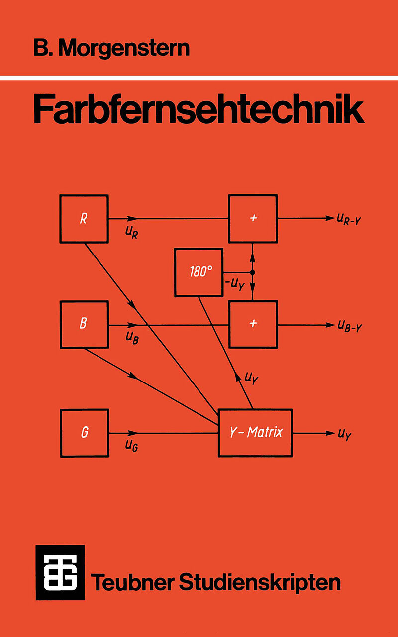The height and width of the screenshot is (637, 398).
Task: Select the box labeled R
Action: point(84,219)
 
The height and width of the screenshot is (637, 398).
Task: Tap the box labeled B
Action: point(84,324)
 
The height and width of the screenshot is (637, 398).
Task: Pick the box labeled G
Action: point(84,433)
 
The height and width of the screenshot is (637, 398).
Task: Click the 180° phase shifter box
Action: point(199,272)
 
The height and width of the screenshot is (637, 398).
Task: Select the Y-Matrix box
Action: point(255,432)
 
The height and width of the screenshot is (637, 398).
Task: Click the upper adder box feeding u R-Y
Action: point(253,219)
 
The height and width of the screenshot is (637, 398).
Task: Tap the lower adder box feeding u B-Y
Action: point(253,324)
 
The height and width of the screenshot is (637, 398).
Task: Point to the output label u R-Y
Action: point(348,219)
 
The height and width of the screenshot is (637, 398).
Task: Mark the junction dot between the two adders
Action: point(253,273)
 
